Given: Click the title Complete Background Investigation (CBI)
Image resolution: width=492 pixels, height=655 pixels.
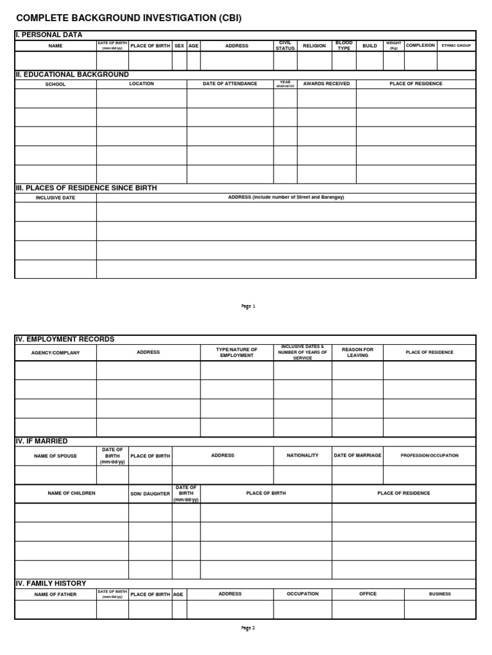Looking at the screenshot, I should pos(129,18).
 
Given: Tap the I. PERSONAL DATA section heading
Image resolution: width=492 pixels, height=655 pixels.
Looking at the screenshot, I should pos(49,35).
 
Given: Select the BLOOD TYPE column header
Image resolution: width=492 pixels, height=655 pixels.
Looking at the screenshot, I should pos(344,45).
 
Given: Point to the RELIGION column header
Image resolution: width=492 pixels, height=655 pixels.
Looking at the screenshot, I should pos(315,46).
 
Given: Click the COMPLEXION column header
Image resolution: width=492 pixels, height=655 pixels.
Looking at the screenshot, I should pos(420,45).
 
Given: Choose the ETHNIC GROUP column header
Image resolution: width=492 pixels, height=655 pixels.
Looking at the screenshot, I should pos(456,46).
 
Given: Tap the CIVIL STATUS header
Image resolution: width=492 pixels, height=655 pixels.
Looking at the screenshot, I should pos(285,45).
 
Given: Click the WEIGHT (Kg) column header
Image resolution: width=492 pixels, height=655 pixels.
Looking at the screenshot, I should pos(393,45).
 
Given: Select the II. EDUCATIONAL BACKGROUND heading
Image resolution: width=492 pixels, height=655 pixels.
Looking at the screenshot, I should pos(72,74).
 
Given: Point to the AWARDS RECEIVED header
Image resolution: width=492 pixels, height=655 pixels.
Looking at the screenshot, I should pos(326,84).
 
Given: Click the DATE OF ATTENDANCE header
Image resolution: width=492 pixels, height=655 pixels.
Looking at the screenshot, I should pos(230,84).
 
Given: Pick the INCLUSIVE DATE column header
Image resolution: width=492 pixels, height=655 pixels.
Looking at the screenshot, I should pos(55,198).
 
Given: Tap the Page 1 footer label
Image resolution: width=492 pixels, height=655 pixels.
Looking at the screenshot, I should pos(248,306).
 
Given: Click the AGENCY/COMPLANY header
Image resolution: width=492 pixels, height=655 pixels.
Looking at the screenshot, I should pos(56,352).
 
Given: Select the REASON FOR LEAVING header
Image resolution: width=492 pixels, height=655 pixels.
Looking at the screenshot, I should pos(357,352).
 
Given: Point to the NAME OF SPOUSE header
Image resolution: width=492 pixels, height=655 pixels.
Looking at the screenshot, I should pos(55,455).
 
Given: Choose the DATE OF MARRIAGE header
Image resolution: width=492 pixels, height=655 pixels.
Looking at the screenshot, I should pos(357,455).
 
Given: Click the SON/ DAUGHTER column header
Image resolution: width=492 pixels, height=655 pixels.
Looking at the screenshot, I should pos(150,494).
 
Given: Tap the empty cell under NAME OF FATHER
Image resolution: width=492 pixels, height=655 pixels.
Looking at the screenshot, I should pos(55,610).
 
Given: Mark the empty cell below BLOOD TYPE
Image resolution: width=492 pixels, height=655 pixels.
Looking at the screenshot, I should pos(344,61).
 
